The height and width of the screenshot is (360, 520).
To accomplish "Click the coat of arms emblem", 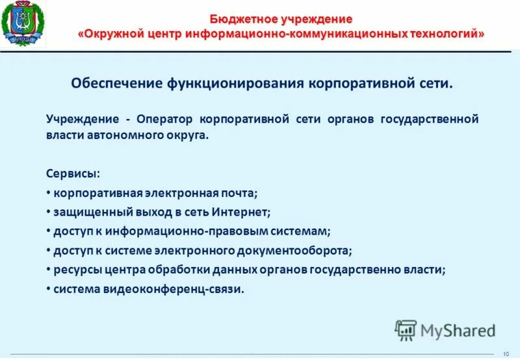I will [23, 25].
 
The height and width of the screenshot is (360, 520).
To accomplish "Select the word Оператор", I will [164, 119].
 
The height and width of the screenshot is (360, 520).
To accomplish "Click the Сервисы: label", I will [73, 174].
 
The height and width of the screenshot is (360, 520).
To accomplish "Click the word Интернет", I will [242, 212].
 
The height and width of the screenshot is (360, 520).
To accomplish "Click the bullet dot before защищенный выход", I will [49, 212].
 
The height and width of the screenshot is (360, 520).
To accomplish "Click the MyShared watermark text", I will [458, 331].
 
